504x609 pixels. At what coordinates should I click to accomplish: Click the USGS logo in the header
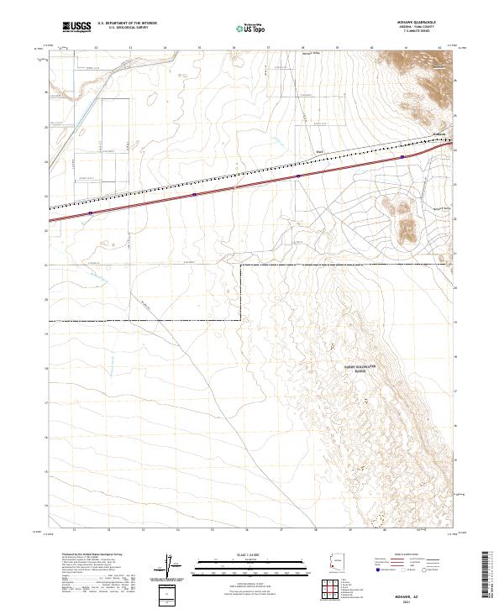(x=76, y=28)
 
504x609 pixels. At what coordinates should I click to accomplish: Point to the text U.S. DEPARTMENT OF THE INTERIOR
(x=127, y=24)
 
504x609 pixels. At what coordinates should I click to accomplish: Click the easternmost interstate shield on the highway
(x=402, y=155)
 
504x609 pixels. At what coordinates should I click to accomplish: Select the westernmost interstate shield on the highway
(x=89, y=213)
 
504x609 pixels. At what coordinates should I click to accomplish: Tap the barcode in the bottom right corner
(x=486, y=574)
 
